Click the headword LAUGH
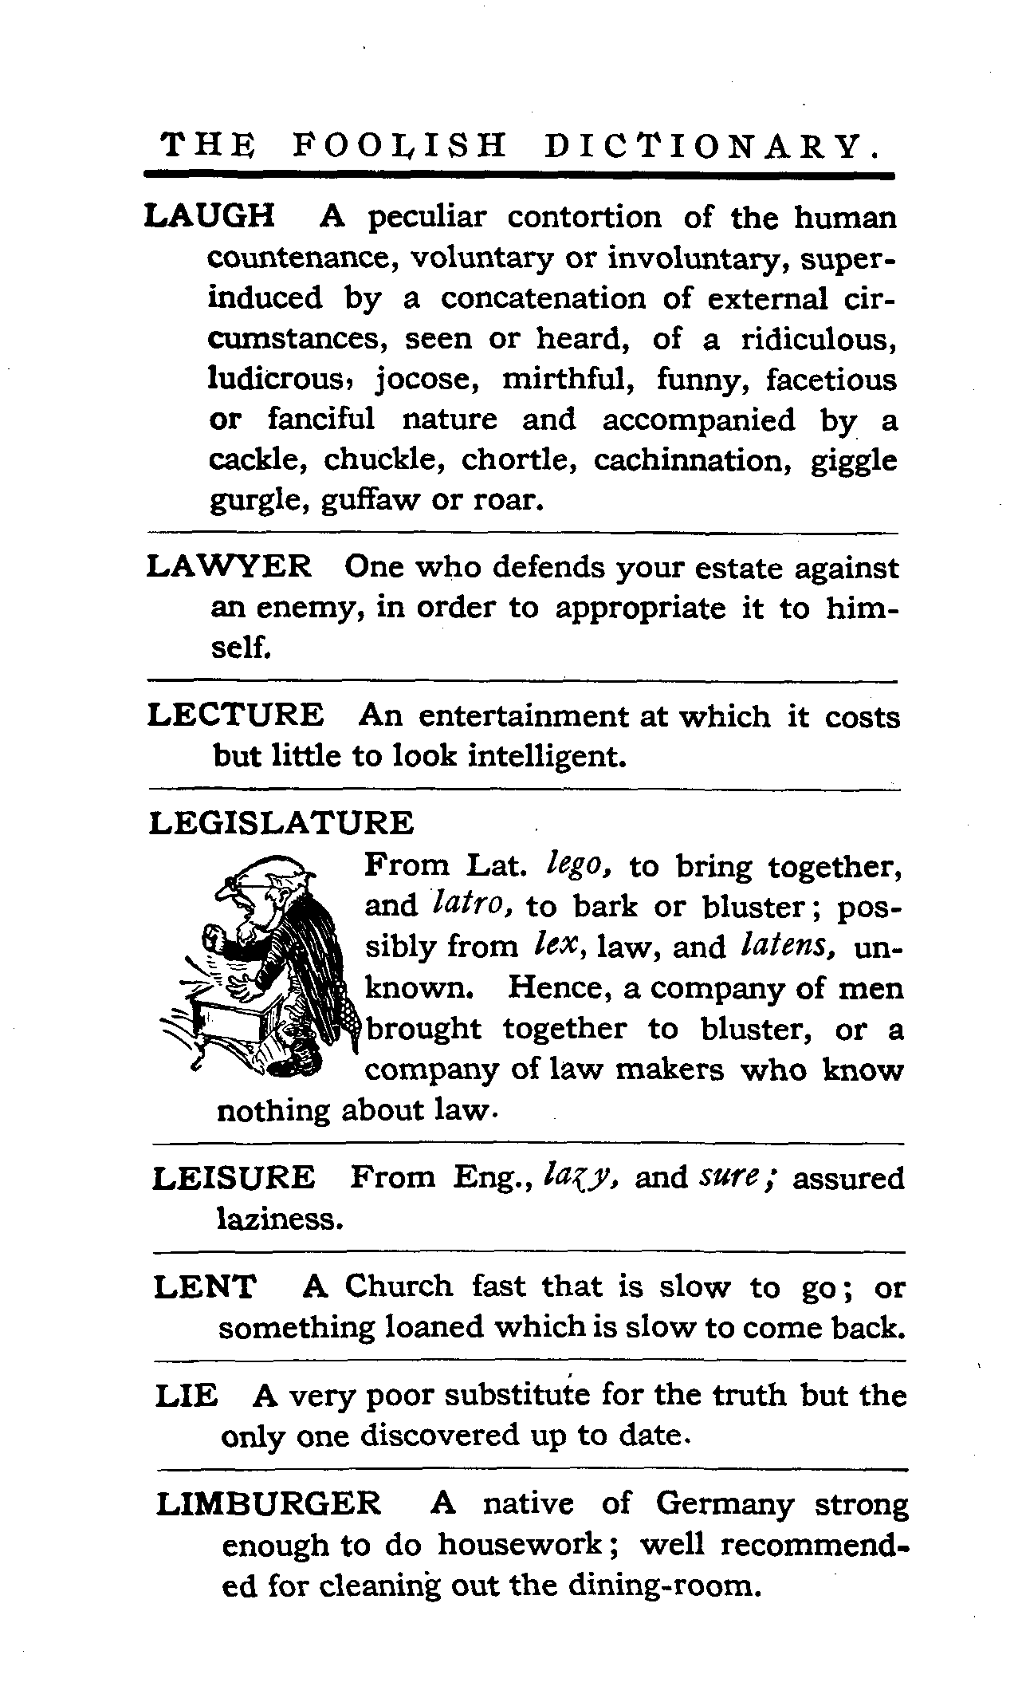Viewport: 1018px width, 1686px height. click(210, 217)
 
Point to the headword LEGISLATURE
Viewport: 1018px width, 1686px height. click(281, 823)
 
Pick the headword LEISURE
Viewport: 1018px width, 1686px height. click(234, 1178)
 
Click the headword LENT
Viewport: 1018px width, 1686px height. click(205, 1286)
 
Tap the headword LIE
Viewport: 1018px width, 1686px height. click(186, 1396)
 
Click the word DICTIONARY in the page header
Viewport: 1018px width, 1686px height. click(713, 147)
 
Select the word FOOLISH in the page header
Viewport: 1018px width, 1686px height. click(399, 147)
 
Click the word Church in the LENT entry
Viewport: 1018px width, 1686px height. click(399, 1286)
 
